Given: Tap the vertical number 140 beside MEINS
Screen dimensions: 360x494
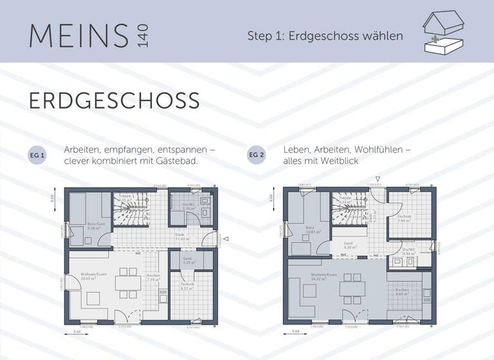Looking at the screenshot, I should [142, 36].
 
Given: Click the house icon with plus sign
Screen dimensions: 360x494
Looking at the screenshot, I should [443, 33].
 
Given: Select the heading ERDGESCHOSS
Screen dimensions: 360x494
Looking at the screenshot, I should [114, 101].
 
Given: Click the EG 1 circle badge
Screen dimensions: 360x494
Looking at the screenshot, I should [38, 156].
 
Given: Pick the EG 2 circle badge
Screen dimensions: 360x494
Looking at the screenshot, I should [257, 156].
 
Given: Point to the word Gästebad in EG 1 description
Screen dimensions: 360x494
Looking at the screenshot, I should [174, 161].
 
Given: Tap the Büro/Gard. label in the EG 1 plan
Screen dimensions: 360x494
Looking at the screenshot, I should [96, 225].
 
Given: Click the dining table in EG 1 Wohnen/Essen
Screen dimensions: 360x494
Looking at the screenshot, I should [125, 283].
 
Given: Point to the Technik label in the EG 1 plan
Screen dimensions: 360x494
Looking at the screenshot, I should [187, 285].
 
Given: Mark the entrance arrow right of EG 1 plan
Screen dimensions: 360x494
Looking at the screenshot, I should [226, 240].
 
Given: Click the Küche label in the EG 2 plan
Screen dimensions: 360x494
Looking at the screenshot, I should [401, 291].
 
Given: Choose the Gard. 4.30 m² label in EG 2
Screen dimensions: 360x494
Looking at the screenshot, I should [348, 245].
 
